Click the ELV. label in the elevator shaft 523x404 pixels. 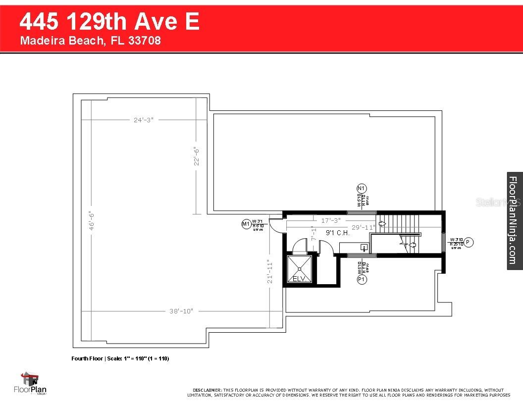tap(299, 279)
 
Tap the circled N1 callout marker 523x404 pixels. tap(361, 188)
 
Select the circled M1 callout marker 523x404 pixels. tap(246, 224)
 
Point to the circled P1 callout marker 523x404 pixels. tap(362, 279)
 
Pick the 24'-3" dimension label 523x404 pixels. tap(143, 119)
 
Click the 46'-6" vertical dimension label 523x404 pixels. tap(91, 221)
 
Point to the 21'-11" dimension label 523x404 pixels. tap(269, 272)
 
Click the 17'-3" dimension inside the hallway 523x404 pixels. tap(331, 220)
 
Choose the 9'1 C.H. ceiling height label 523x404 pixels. tap(338, 233)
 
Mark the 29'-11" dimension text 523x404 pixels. tap(363, 227)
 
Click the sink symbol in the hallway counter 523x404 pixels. tap(364, 247)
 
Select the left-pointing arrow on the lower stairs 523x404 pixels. tap(412, 244)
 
